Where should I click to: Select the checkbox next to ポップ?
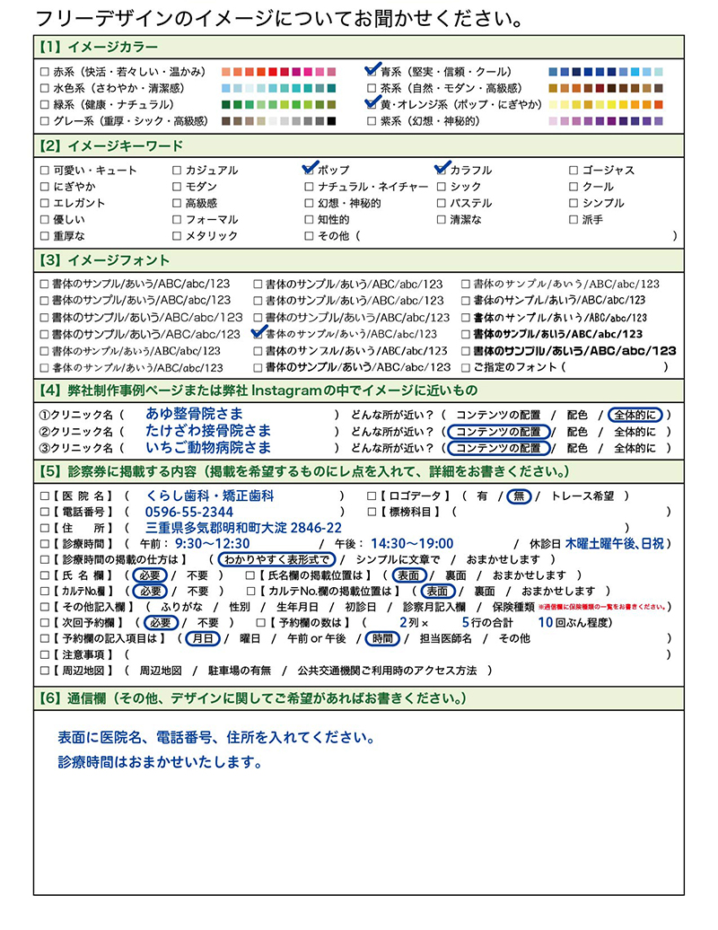click(311, 170)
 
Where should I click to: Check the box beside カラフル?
click(442, 170)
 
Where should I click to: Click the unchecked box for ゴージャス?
click(574, 171)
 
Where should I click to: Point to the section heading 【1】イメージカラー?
click(99, 47)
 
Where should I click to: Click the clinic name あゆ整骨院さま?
click(194, 414)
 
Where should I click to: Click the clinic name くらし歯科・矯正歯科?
click(210, 496)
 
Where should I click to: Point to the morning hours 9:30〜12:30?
click(213, 544)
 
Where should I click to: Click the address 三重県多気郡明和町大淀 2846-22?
click(243, 528)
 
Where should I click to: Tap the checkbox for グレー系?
click(45, 121)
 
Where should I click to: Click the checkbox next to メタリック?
click(178, 236)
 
